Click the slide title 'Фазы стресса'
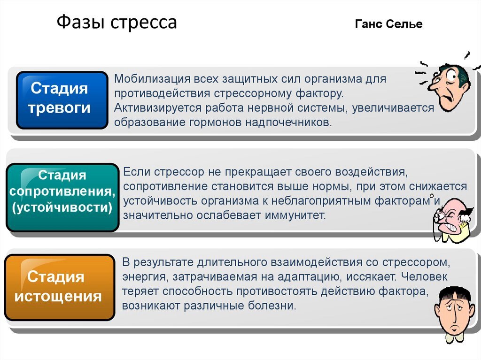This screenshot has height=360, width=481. [116, 23]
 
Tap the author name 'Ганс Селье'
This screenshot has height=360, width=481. [388, 24]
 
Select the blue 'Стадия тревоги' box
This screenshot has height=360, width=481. [62, 100]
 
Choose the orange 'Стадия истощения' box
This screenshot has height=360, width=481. [59, 287]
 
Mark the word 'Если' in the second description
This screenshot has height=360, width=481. [135, 172]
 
